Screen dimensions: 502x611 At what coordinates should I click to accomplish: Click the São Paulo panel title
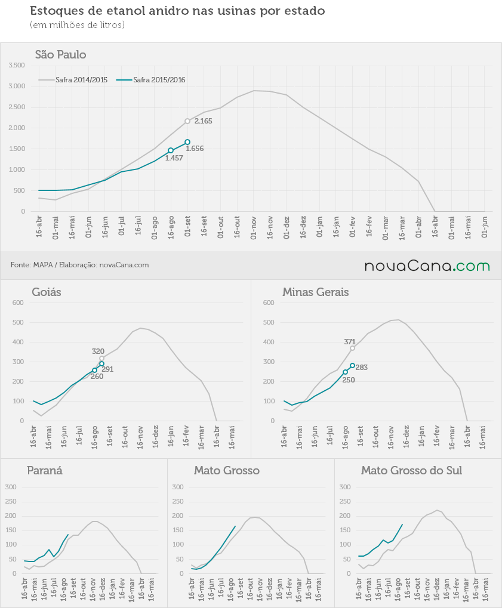60,54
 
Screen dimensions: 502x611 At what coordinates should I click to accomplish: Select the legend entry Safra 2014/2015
73,80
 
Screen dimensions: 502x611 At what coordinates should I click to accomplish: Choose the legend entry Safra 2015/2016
151,80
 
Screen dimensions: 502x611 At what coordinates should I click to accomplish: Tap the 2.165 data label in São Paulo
204,121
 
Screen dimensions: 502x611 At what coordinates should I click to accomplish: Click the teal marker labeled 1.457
171,150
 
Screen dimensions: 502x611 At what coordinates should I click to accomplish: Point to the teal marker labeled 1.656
187,142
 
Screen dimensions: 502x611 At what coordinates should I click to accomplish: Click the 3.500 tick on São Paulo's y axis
17,66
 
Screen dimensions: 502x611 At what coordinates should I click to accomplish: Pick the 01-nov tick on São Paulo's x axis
253,227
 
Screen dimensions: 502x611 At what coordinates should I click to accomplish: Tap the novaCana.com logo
427,266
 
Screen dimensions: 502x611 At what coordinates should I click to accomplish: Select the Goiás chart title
47,292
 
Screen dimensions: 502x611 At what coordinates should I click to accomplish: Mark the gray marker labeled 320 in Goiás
101,359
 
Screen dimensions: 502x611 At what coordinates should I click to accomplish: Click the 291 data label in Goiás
107,369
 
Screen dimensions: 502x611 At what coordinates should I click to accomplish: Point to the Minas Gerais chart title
315,292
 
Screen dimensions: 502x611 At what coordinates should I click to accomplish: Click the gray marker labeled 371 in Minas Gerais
352,348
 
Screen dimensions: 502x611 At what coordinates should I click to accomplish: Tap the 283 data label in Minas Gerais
361,368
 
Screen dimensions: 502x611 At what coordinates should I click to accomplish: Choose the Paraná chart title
44,470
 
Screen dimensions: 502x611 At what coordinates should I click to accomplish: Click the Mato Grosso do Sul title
412,470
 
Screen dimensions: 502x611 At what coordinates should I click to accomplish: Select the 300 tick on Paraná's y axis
11,487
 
